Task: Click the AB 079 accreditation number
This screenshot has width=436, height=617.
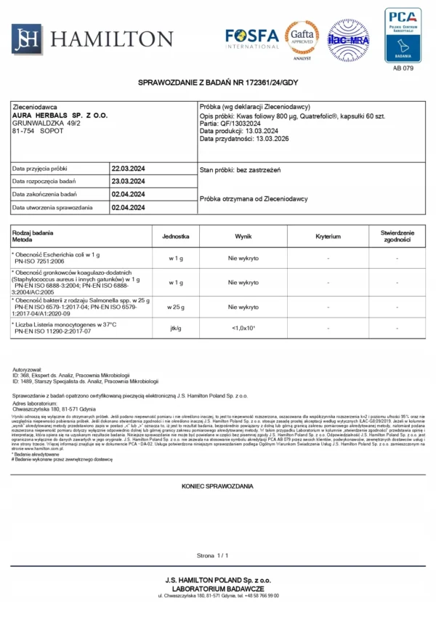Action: pyautogui.click(x=403, y=68)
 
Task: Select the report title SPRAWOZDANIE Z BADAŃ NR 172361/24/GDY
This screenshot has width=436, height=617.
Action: pyautogui.click(x=218, y=83)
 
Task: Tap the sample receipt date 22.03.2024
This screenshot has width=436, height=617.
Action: pyautogui.click(x=129, y=168)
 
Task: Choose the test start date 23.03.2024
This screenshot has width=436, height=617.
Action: pyautogui.click(x=129, y=181)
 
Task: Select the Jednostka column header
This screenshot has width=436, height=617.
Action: pyautogui.click(x=175, y=237)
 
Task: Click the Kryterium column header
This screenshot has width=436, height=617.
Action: pyautogui.click(x=328, y=237)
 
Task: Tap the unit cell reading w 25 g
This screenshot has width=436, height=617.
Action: pyautogui.click(x=175, y=307)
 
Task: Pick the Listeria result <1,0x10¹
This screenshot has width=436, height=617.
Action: pyautogui.click(x=243, y=328)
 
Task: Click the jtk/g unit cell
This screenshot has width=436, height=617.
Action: pyautogui.click(x=175, y=328)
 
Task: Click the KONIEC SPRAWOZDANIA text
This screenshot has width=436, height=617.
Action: pyautogui.click(x=217, y=484)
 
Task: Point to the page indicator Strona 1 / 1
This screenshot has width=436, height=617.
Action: pyautogui.click(x=217, y=555)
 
